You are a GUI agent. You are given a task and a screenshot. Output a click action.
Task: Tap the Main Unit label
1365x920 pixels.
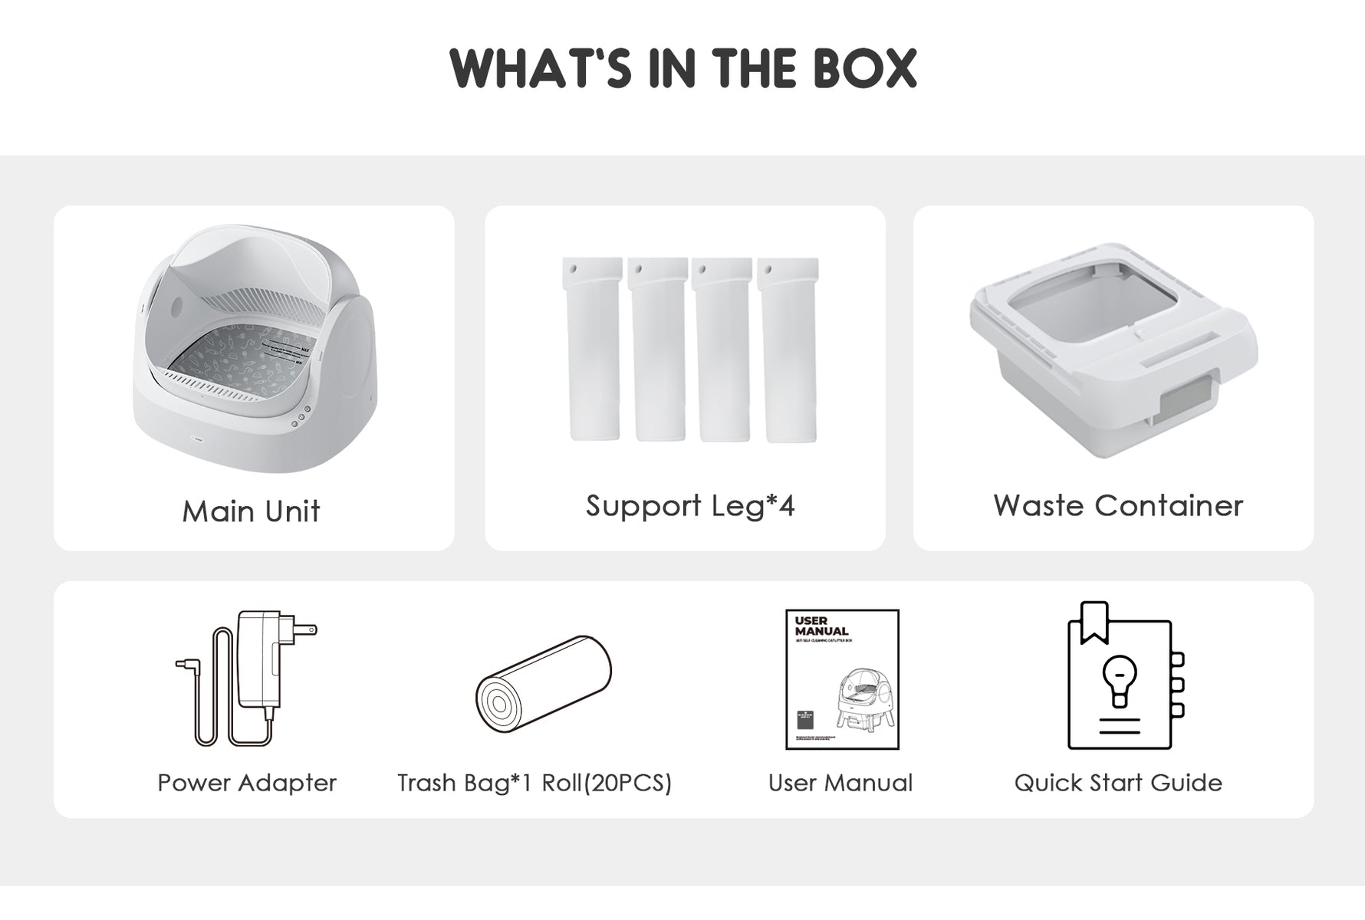[x=251, y=511]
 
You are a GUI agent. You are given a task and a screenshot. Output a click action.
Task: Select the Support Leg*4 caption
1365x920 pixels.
[x=690, y=506]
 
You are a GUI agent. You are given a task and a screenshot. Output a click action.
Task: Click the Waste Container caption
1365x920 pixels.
[x=1117, y=506]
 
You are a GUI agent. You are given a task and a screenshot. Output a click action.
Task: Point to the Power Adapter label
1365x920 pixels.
[x=247, y=783]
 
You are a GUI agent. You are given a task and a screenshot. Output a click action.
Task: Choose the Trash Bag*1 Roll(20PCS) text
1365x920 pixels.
[x=534, y=783]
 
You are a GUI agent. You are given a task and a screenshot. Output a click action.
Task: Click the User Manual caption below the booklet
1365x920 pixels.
[x=840, y=783]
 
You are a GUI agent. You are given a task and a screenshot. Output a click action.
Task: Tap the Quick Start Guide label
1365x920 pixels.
[x=1118, y=783]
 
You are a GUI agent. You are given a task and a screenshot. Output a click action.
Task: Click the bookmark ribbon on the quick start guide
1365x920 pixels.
[x=1094, y=622]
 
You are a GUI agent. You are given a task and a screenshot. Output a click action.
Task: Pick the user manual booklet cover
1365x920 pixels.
[x=842, y=679]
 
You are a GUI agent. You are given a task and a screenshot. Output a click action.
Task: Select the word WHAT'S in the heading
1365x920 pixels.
[x=541, y=69]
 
